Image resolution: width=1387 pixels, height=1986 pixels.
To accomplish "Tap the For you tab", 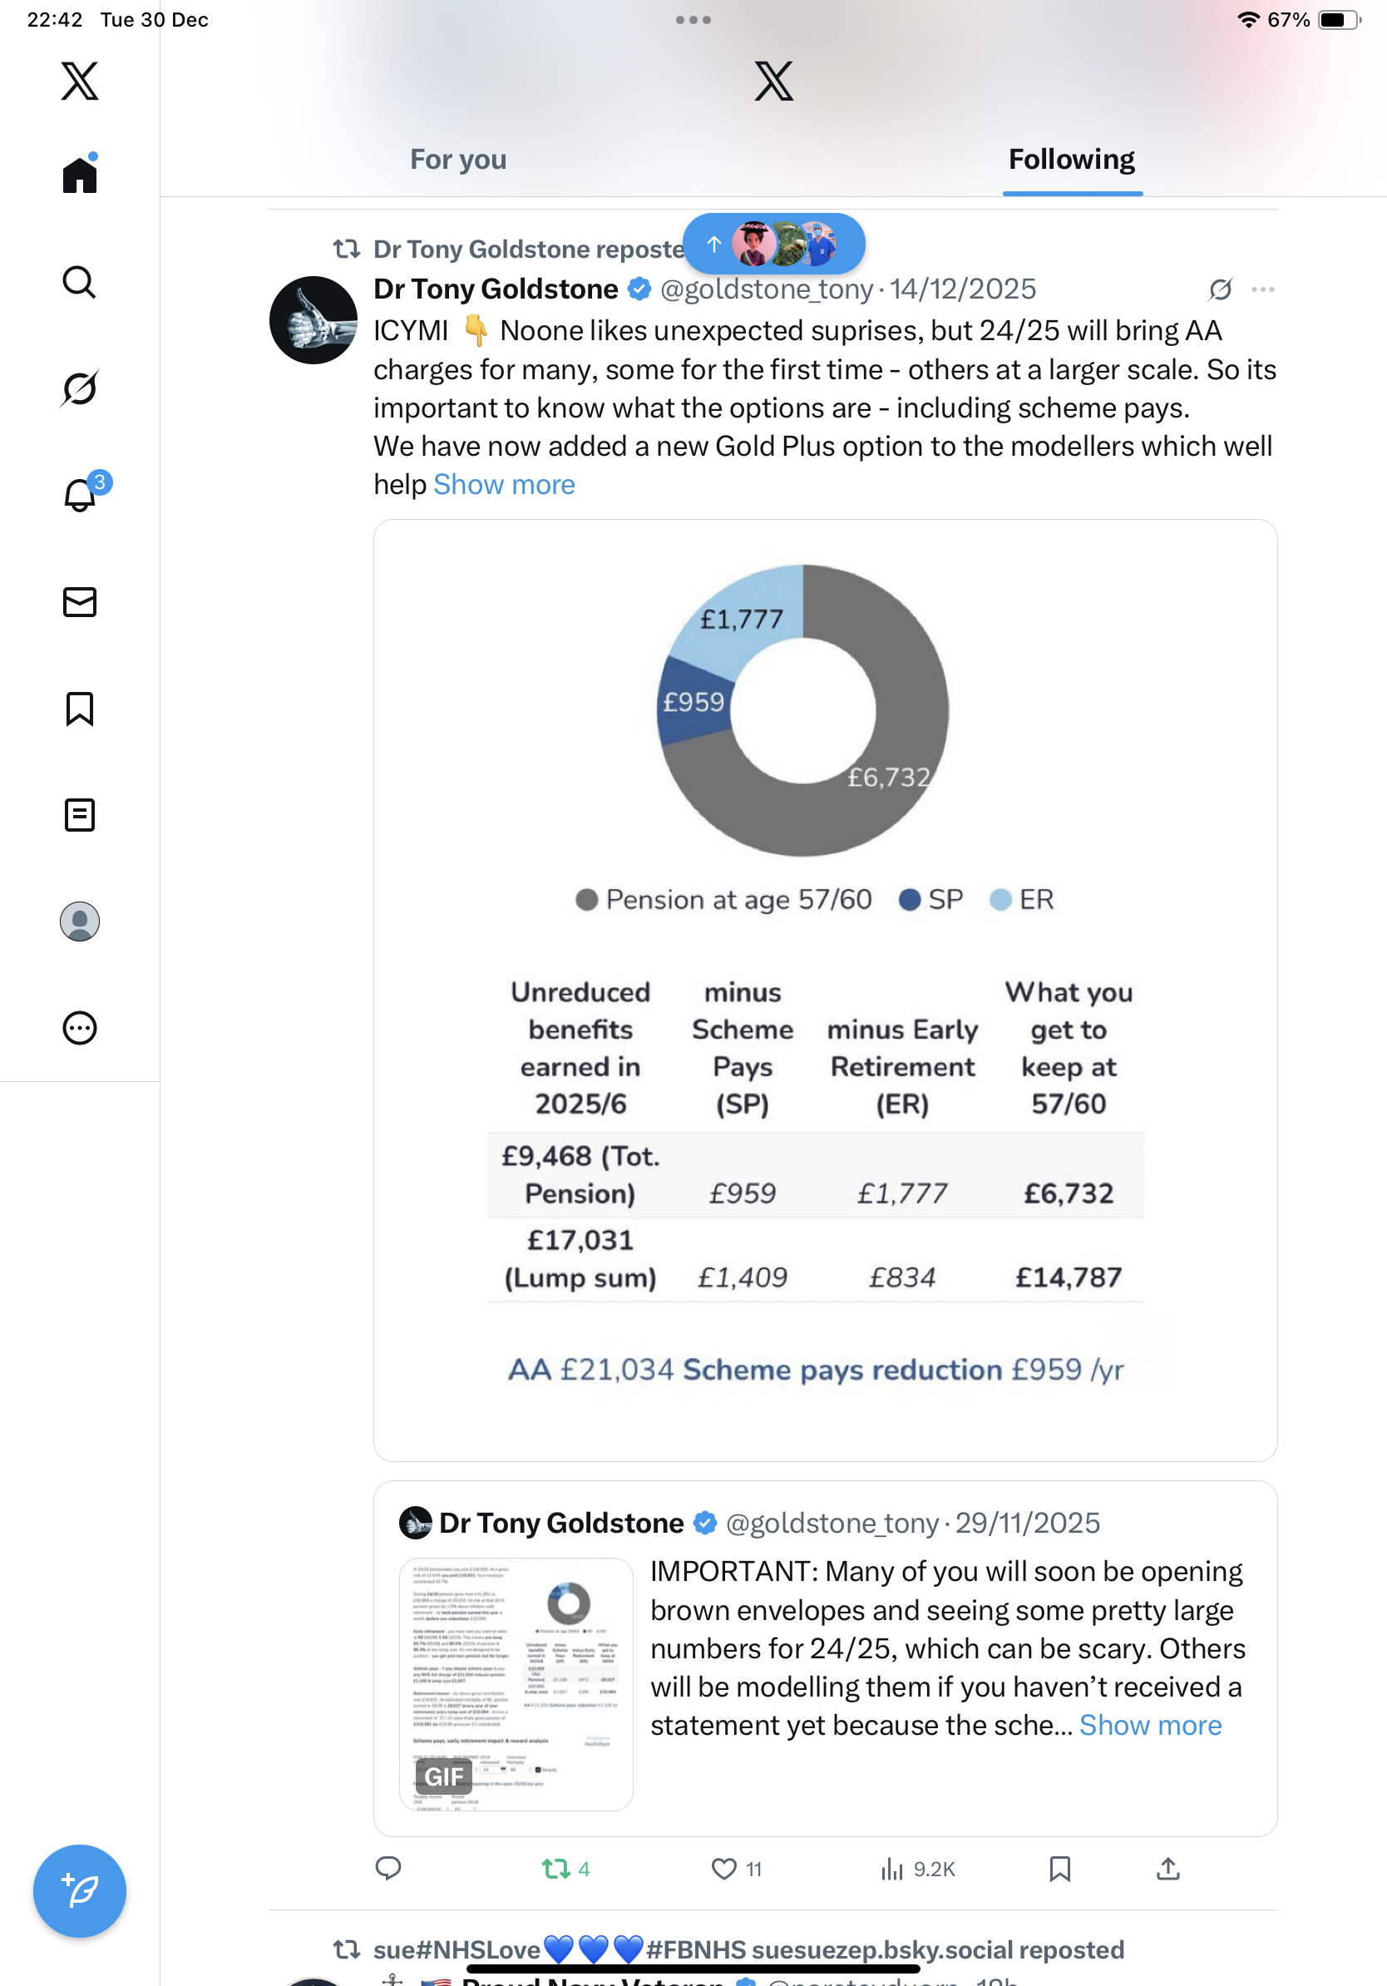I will (x=457, y=160).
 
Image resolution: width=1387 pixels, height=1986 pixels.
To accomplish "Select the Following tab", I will (x=1071, y=160).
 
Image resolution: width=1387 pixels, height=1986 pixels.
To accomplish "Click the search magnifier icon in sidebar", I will (x=80, y=282).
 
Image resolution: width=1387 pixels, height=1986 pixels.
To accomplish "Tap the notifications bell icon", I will (x=80, y=496).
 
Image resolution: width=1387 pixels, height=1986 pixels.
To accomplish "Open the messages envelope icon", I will (x=80, y=602).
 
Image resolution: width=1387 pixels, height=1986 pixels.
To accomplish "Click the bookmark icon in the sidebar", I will (x=80, y=709).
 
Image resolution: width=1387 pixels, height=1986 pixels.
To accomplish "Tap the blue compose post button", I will (x=80, y=1890).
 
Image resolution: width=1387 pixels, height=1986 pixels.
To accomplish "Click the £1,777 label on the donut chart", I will (x=741, y=620).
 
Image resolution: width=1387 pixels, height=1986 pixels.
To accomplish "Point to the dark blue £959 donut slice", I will (x=693, y=701).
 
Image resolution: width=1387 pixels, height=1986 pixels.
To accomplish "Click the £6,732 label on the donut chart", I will (x=888, y=777).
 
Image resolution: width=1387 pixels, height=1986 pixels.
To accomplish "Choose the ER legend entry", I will (x=1023, y=900).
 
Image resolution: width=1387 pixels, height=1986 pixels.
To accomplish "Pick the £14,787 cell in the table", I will (x=1068, y=1277).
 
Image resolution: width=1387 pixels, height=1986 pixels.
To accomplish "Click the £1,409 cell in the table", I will (x=743, y=1277).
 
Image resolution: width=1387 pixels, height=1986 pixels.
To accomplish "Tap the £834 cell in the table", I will (x=902, y=1277).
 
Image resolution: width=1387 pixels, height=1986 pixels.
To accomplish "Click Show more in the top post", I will (x=504, y=484).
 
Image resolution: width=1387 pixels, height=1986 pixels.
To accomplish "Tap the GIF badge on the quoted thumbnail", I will (x=443, y=1776).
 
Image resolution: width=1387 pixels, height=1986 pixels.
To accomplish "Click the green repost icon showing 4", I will (x=556, y=1869).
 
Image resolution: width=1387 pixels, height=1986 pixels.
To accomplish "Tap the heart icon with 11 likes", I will (x=723, y=1869).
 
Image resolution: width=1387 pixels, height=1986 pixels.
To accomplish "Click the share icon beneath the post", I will (x=1167, y=1869).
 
